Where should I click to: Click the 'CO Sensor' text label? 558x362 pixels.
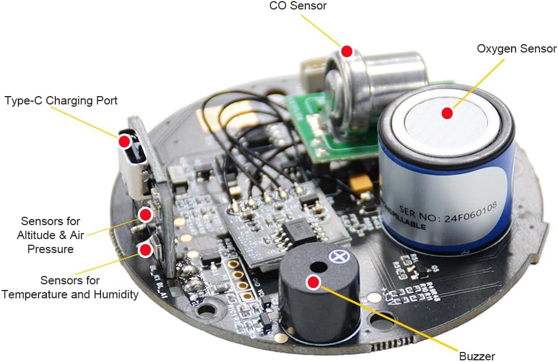tap(298, 6)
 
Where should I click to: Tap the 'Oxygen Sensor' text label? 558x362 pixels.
tap(517, 49)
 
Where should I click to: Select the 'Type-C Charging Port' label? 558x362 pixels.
tap(61, 101)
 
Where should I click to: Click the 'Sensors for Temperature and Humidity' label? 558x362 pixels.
tap(70, 287)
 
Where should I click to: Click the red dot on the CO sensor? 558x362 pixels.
tap(347, 51)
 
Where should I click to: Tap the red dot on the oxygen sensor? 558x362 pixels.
tap(447, 113)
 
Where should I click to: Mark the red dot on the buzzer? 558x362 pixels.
tap(314, 283)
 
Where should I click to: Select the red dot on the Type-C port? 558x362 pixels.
tap(125, 141)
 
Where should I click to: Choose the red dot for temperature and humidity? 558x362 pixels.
tap(145, 249)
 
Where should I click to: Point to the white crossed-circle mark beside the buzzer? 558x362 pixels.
tap(337, 256)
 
